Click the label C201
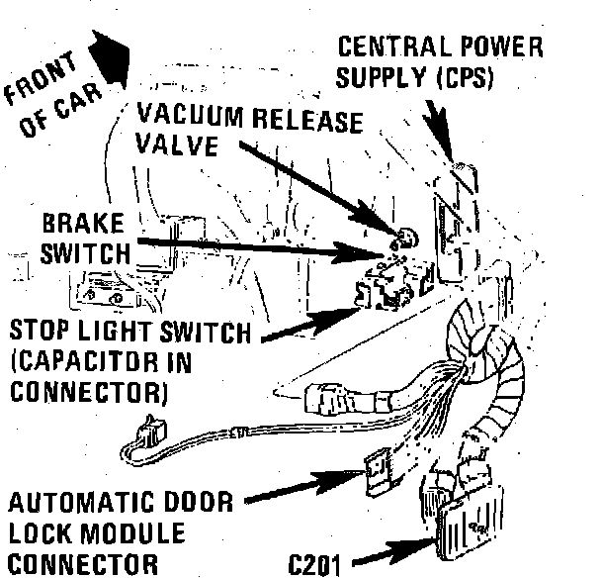point(317,564)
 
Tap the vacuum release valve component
point(402,239)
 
